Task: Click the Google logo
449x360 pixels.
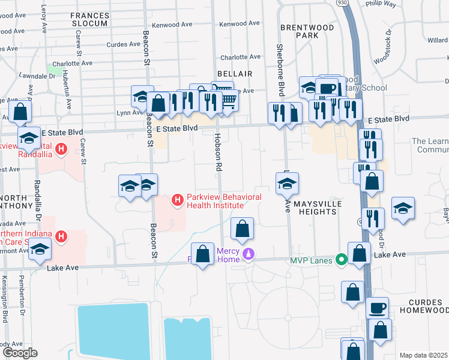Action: click(19, 353)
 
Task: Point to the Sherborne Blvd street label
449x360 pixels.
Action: click(280, 69)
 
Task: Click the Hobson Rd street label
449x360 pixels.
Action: click(218, 154)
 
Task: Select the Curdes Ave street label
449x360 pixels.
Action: click(123, 44)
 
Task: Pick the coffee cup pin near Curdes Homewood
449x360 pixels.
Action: click(377, 308)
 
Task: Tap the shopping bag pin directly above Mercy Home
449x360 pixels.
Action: click(242, 229)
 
